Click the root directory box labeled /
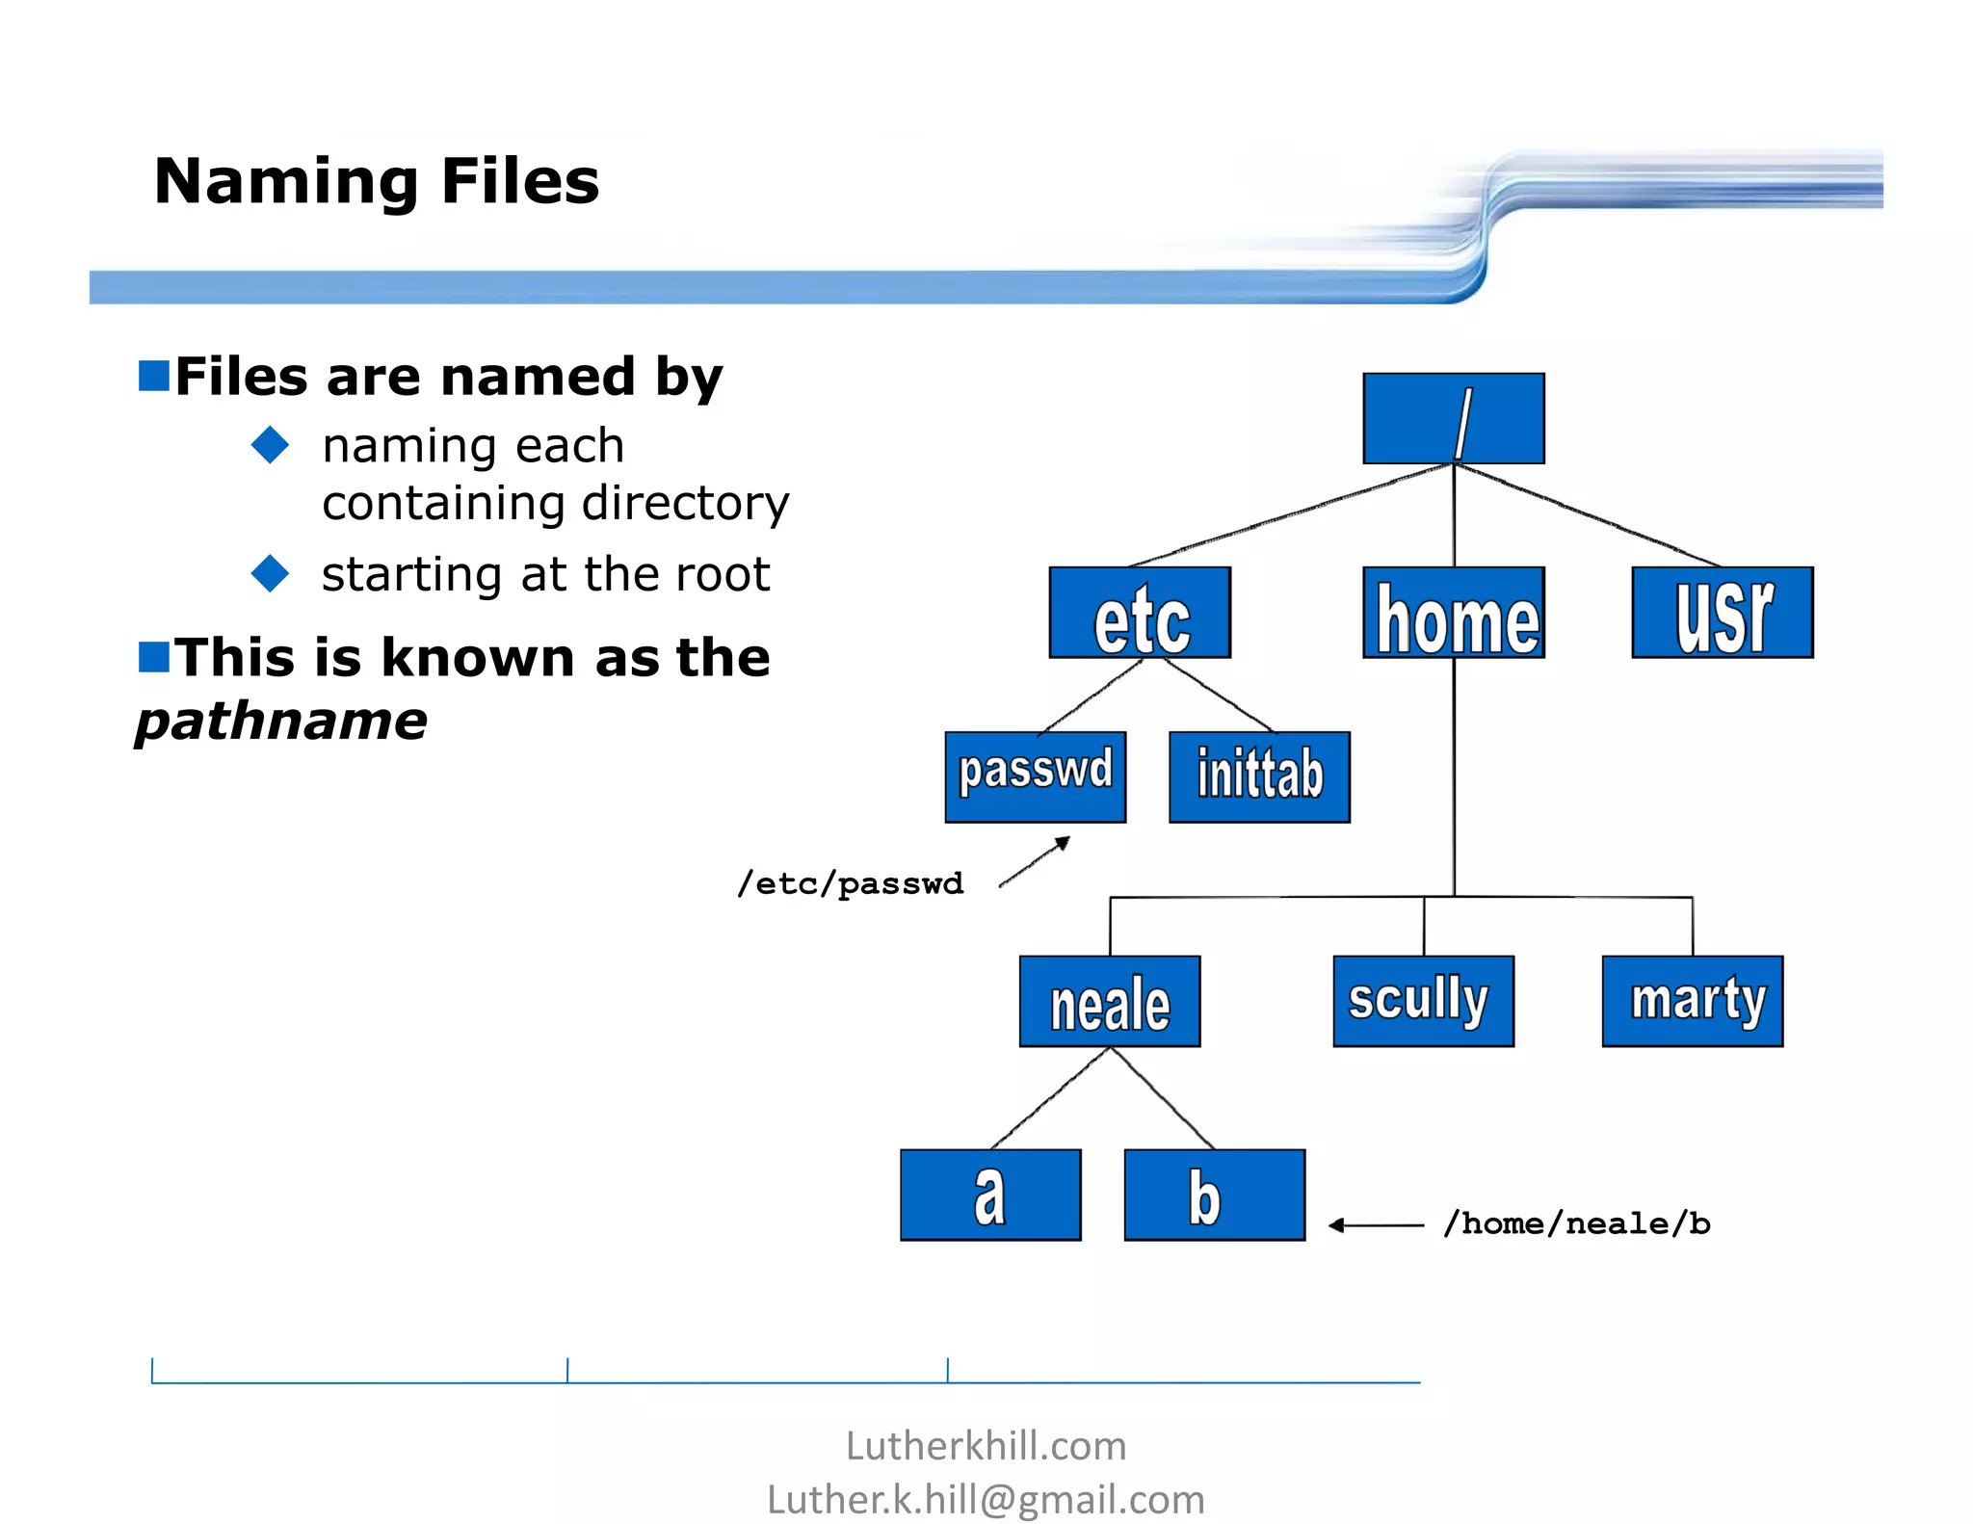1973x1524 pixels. [1453, 419]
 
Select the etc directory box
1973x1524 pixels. [1140, 613]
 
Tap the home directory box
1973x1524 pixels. [1453, 613]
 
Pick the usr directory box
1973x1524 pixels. [1722, 613]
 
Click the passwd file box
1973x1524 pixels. [1035, 776]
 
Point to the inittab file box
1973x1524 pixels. [1259, 776]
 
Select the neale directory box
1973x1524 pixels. [1110, 1001]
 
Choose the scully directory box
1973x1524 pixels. [1423, 1001]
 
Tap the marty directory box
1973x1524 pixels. [1692, 1001]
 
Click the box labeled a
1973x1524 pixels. [990, 1195]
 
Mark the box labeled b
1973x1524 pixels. [1214, 1195]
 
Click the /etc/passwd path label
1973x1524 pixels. [850, 883]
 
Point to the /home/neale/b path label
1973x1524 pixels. [1576, 1223]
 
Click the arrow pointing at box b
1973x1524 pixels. [1375, 1225]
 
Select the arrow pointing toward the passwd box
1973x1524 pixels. [1035, 861]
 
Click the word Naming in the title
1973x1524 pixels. [286, 181]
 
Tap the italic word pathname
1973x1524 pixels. [281, 721]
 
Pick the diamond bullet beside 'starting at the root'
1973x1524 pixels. [270, 573]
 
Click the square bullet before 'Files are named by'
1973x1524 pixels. [154, 376]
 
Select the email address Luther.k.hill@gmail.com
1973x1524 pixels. [986, 1499]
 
